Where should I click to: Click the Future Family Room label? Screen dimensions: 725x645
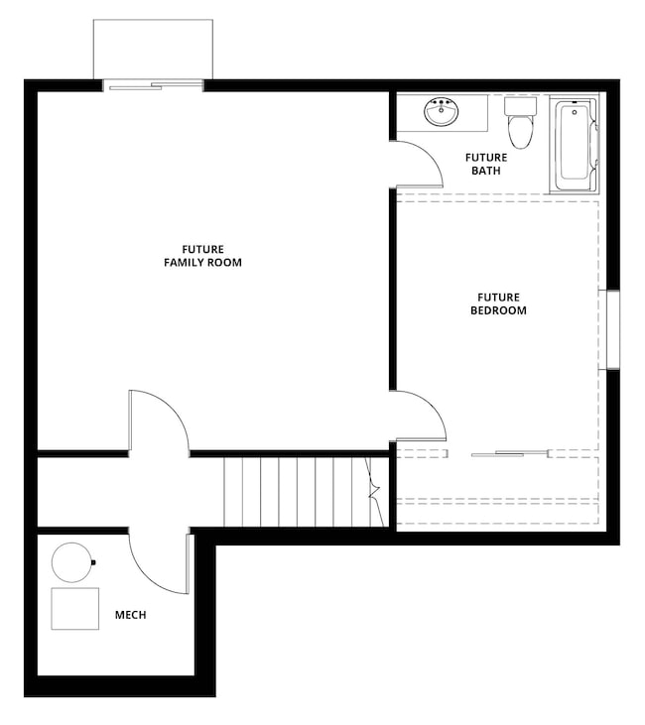click(202, 256)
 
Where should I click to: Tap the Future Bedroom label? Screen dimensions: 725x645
click(498, 303)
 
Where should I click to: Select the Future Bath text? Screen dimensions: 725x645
click(486, 164)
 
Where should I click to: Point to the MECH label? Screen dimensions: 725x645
click(130, 615)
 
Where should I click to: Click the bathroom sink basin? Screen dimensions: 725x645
click(440, 112)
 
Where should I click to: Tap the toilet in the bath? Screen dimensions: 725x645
click(518, 128)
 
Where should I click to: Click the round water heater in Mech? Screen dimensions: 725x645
click(71, 562)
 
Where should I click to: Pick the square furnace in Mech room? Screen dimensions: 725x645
click(75, 608)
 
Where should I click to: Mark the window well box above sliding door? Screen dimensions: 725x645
click(153, 48)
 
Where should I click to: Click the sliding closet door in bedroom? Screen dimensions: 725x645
click(510, 454)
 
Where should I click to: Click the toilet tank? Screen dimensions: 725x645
click(518, 105)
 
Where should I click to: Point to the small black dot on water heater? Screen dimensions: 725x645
click(93, 563)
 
